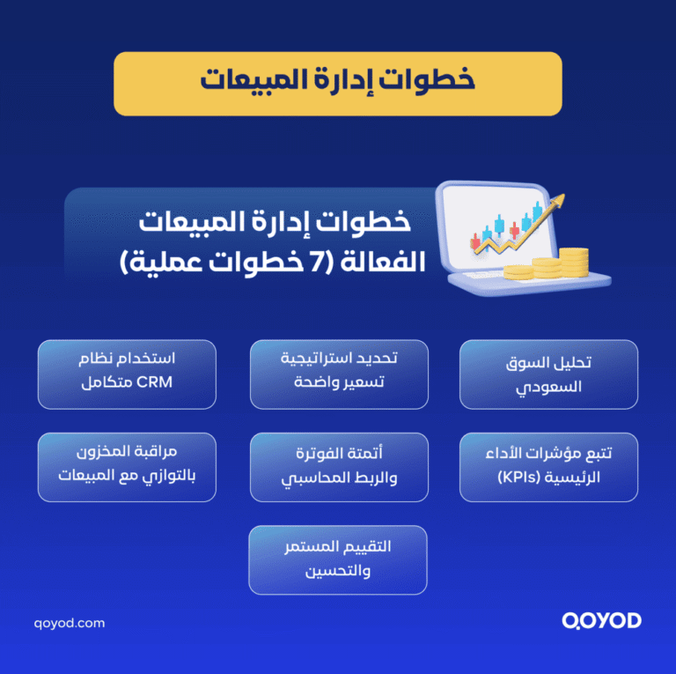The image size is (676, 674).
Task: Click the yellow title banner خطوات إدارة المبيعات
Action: tap(337, 83)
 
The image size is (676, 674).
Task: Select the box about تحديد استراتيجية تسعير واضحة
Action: tap(339, 374)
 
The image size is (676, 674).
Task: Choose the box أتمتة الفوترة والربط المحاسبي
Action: tap(339, 467)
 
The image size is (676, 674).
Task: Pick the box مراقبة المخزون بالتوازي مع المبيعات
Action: tap(127, 467)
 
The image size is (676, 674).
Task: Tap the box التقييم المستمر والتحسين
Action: tap(338, 559)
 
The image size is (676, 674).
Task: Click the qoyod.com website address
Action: tap(70, 623)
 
